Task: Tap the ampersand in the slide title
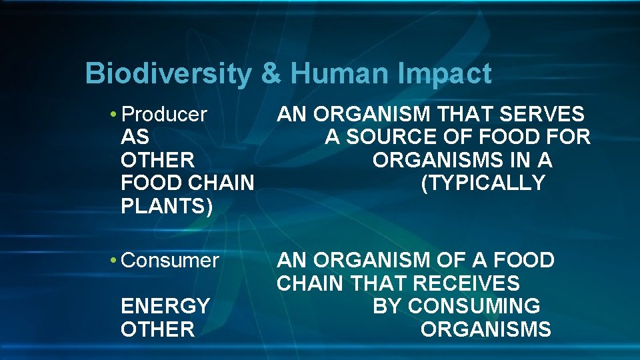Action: (271, 74)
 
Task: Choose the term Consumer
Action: (170, 260)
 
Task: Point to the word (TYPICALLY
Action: (483, 183)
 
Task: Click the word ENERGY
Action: (165, 306)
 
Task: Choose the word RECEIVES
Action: (466, 283)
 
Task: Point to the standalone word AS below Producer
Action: (135, 138)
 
